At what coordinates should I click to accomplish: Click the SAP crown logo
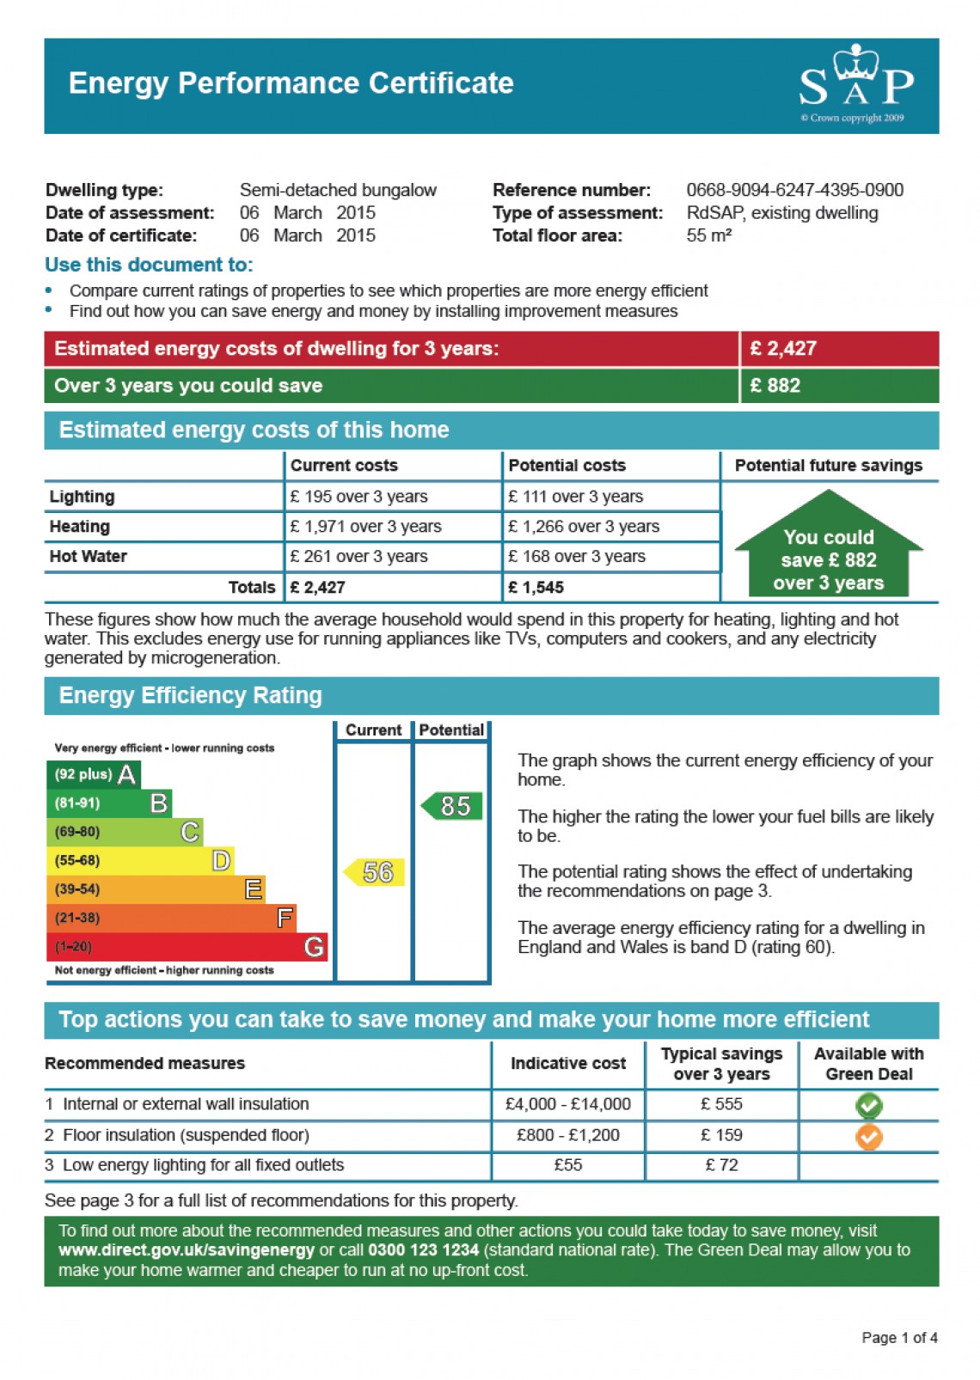(855, 82)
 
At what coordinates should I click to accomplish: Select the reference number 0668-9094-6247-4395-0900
(794, 190)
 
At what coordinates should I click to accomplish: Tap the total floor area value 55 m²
(708, 235)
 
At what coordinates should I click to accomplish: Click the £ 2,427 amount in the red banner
(783, 349)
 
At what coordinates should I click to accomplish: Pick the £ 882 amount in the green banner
(775, 386)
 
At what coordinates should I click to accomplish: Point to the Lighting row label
(82, 497)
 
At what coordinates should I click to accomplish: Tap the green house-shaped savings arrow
(828, 547)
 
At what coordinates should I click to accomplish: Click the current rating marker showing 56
(375, 872)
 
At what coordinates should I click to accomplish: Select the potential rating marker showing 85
(452, 806)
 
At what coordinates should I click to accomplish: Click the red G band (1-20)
(187, 947)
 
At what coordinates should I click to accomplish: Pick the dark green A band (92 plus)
(93, 774)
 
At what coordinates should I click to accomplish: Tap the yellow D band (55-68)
(139, 860)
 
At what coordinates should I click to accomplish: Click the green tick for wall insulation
(868, 1105)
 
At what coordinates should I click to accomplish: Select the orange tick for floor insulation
(868, 1136)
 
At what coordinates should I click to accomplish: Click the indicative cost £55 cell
(567, 1165)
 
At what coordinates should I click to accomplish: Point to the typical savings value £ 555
(721, 1104)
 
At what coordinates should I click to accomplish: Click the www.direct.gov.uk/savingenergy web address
(187, 1250)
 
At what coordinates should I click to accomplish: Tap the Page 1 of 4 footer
(898, 1338)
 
